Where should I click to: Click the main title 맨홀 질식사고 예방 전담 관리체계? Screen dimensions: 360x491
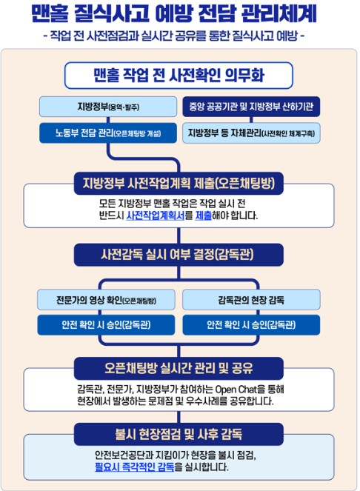174,13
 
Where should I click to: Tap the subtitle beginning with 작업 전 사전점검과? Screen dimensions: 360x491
174,36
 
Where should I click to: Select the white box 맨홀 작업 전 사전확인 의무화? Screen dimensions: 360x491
179,76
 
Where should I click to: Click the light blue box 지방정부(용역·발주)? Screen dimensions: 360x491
108,107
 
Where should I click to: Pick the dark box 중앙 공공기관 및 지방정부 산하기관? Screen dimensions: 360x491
251,107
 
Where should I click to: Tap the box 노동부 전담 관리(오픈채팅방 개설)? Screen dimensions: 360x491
108,133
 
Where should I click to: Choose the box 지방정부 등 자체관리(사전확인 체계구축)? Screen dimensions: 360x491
251,133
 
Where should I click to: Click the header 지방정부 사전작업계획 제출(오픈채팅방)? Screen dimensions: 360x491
179,183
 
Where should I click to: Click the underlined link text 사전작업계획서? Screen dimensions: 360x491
156,216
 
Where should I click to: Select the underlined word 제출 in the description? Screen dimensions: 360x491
204,216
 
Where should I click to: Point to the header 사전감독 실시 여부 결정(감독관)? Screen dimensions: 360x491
179,255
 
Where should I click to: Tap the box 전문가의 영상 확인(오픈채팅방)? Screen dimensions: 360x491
106,300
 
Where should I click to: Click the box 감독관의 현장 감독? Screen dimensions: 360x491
251,300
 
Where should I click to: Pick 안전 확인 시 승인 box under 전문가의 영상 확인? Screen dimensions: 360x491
106,324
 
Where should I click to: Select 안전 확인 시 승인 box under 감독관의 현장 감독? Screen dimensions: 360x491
251,324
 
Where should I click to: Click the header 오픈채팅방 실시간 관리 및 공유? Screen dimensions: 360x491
179,368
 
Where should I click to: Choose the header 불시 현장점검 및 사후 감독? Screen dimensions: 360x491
179,434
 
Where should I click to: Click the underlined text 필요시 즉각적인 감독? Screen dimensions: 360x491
134,467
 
